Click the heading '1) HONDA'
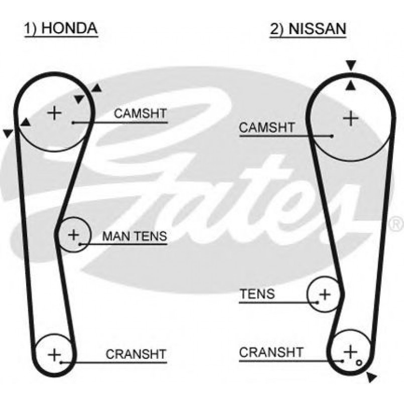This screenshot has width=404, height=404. point(61,28)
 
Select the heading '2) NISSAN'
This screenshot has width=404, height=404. point(308,29)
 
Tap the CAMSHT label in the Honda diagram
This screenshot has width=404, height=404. point(140,113)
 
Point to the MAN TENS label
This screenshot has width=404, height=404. point(134,236)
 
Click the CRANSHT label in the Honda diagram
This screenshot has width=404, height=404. point(136,354)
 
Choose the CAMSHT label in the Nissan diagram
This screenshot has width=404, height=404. point(266,128)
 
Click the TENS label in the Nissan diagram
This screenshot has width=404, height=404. point(257,294)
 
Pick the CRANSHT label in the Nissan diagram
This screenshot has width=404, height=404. point(271,352)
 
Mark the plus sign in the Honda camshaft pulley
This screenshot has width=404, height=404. point(54,112)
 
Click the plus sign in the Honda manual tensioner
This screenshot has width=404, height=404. point(74,234)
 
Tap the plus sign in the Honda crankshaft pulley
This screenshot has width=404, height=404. point(54,354)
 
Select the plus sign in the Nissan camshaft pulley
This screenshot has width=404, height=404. point(351,118)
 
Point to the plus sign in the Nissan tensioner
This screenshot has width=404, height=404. point(325,294)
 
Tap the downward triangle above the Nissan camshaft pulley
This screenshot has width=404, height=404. point(351,65)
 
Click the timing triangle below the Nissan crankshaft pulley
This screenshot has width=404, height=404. point(371,377)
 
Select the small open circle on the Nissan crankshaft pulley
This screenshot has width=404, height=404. point(358,360)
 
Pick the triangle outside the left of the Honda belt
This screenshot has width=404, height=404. point(7,133)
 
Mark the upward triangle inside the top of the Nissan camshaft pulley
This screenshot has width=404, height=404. point(351,86)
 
